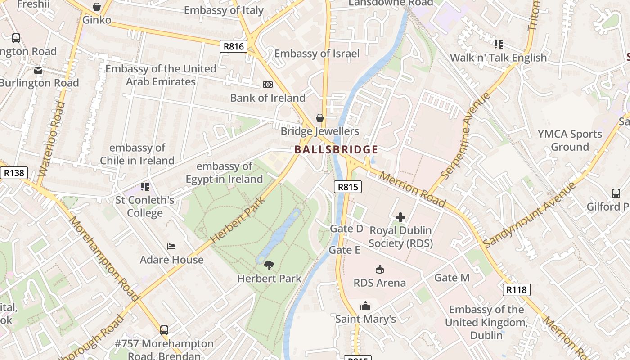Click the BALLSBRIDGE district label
tap(336, 150)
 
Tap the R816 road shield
tap(233, 46)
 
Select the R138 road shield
tap(13, 173)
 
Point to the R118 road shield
tap(516, 289)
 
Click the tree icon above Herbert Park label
tap(269, 265)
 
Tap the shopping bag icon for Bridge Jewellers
tap(320, 118)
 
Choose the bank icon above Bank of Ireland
tap(268, 85)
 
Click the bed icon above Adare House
tap(171, 247)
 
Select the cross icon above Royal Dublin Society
tap(400, 218)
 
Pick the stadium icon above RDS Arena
tap(380, 270)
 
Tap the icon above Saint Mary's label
tap(365, 306)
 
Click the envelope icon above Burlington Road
tap(38, 70)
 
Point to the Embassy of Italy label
tap(224, 10)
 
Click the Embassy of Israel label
tap(317, 54)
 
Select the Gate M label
tap(452, 278)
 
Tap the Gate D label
tap(346, 229)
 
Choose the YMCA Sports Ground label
tap(570, 140)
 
